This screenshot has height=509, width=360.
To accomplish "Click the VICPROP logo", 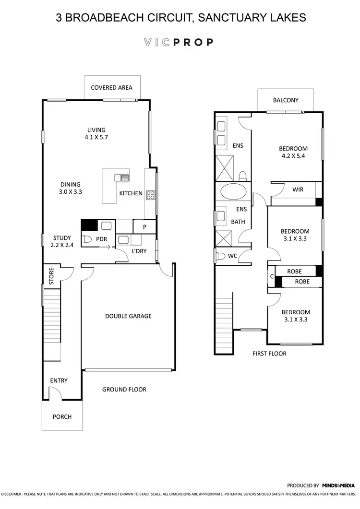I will [178, 42].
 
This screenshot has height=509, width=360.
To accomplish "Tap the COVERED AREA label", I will [111, 88].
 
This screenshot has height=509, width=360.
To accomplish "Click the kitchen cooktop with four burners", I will [150, 195].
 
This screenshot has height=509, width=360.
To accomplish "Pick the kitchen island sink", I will [121, 178].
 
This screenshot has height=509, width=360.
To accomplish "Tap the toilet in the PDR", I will [87, 239].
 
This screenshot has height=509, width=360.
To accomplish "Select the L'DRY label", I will [139, 250].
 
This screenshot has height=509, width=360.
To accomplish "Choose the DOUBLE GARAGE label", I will [128, 316].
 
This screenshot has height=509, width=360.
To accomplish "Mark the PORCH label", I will [62, 416].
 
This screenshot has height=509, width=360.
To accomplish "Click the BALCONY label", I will [286, 100].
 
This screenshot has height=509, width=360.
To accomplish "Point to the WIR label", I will [298, 189].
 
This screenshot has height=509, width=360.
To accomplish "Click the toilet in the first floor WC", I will [220, 256].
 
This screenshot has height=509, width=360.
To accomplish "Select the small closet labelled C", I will [272, 276].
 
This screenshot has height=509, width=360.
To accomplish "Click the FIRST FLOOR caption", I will [269, 354].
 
